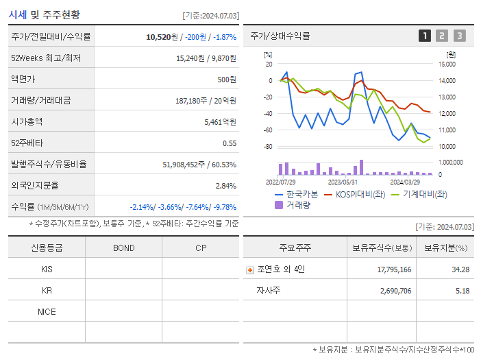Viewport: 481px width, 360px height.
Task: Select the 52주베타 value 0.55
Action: tap(230, 143)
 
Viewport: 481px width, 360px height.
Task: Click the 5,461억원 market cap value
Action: tap(220, 122)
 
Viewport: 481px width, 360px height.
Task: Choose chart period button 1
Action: tap(425, 36)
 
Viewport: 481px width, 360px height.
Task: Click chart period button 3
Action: tap(459, 36)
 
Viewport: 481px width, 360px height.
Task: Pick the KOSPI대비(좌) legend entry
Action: tap(354, 194)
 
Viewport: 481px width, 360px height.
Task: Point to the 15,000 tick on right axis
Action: tap(447, 64)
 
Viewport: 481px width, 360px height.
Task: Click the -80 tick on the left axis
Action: tap(268, 147)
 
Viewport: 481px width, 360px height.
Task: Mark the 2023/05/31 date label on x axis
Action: tap(343, 182)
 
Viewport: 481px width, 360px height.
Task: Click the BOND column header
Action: tap(123, 248)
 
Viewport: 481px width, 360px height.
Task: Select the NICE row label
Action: tap(47, 311)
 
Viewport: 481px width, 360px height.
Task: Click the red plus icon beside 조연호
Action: tap(249, 269)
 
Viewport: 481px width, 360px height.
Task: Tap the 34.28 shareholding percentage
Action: tap(460, 269)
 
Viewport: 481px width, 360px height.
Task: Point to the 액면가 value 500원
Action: tap(227, 80)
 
